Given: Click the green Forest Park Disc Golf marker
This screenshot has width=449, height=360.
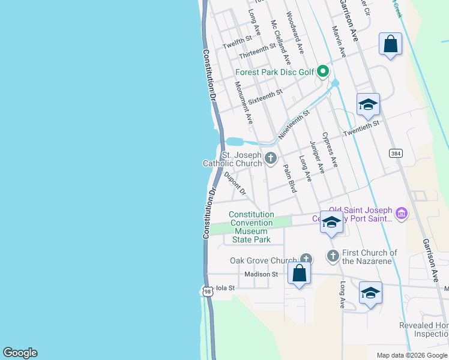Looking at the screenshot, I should (322, 72).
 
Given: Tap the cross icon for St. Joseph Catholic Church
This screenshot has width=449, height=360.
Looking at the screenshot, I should (271, 158).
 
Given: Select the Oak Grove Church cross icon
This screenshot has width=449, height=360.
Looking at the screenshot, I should (306, 260).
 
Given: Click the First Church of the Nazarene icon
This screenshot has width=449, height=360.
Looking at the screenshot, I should (333, 256).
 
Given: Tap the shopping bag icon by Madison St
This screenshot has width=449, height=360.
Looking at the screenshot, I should (300, 274).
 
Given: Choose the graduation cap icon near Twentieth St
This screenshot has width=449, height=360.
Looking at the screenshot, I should (368, 105).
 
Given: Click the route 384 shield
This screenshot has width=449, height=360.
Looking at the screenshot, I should (396, 154).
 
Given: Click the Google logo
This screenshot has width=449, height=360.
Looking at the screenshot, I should (20, 353).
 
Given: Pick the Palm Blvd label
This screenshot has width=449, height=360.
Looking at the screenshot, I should (289, 179).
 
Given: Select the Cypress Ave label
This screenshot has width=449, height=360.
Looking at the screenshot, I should (330, 149).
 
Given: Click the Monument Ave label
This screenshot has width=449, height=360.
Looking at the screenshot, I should (245, 101).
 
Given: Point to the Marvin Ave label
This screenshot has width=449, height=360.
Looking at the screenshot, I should (339, 41).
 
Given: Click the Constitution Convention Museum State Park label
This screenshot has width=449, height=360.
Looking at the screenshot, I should (252, 227).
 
